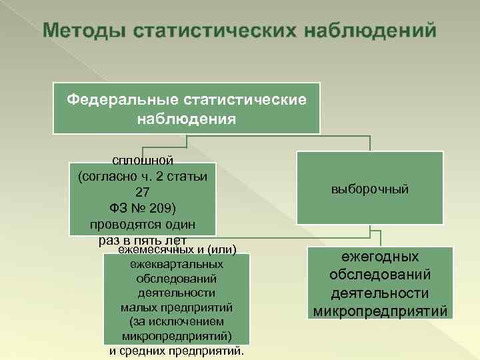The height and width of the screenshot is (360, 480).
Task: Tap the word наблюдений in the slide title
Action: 371,31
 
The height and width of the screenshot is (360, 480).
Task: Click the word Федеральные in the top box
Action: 119,99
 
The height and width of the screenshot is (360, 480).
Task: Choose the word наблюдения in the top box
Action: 187,119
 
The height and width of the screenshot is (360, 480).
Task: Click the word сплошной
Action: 143,161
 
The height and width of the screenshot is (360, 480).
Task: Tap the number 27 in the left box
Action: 143,191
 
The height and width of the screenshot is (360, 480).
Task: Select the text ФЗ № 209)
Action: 143,206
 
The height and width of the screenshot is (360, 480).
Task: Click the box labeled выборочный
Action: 370,189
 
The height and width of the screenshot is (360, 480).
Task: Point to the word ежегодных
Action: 380,257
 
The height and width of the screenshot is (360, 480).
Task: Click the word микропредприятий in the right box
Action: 380,311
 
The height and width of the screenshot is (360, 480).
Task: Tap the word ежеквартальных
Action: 176,265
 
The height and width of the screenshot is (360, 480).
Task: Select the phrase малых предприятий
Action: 176,307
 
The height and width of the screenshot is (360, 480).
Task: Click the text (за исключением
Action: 176,321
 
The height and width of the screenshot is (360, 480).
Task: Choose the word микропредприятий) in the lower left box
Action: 176,335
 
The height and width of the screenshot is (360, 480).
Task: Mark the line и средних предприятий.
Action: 176,350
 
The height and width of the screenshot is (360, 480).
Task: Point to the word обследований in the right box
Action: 380,275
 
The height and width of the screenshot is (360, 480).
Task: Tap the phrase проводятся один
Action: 143,222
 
